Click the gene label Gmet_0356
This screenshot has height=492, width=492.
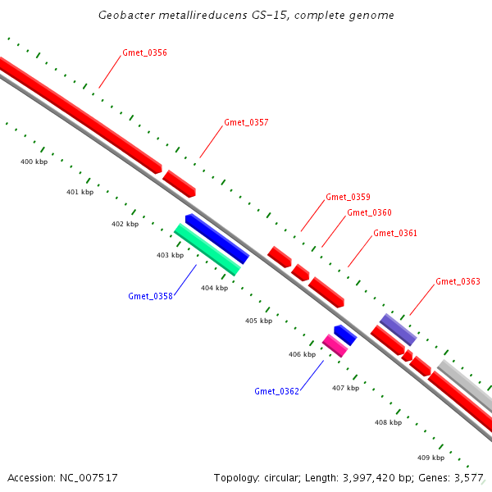144,53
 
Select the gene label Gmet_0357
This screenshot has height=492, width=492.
246,123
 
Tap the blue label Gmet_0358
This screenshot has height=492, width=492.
150,296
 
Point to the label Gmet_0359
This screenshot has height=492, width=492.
348,197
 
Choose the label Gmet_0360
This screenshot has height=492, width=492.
369,213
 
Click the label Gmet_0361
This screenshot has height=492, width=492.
395,234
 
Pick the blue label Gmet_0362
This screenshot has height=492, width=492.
276,391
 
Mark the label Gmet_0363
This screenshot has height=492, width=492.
458,282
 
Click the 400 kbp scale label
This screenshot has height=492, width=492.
34,162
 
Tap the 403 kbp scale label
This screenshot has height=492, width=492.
170,256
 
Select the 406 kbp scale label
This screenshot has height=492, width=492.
302,355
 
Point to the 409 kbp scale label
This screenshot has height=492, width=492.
430,458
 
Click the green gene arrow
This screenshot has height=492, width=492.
207,249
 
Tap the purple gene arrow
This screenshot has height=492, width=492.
398,329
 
